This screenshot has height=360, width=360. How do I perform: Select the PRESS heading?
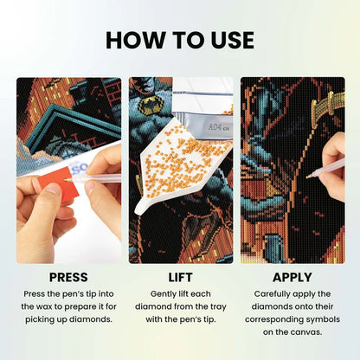coord(68,278)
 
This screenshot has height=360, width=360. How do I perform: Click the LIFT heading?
coord(180,278)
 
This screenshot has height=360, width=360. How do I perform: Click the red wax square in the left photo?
coord(59,188)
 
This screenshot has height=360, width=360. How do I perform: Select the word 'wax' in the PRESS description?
coord(52,307)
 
